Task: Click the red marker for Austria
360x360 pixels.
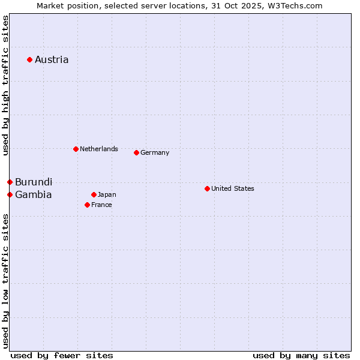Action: point(29,59)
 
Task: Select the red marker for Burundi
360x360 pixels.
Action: point(10,182)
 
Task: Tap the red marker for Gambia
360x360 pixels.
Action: point(10,194)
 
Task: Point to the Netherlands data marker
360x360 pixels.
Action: point(76,149)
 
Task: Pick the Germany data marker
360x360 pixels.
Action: point(136,152)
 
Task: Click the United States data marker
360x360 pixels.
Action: point(207,188)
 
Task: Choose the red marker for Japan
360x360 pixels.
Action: point(94,194)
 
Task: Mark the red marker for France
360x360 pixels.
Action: point(87,205)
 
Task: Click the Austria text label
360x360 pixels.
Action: point(52,59)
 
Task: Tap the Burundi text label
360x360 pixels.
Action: point(34,182)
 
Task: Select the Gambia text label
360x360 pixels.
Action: point(34,194)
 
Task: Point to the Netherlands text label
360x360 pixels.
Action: point(99,149)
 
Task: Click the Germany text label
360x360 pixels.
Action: point(155,152)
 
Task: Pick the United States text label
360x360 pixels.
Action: point(233,188)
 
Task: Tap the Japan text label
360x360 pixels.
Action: point(107,194)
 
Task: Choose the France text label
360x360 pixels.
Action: point(101,205)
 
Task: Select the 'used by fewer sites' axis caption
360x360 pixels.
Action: point(62,355)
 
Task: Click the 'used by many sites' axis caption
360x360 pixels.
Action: point(301,355)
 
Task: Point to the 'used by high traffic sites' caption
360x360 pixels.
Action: point(5,85)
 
